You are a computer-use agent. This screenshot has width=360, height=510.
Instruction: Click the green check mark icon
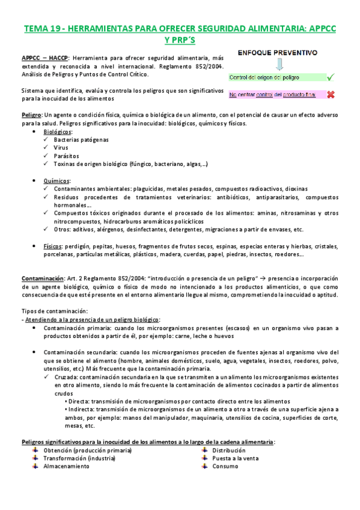pos(330,78)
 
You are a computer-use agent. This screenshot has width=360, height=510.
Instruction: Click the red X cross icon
pos(331,94)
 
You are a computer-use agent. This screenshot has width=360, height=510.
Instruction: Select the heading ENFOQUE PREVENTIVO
pos(277,53)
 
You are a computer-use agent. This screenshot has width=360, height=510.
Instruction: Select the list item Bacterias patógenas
pos(81,140)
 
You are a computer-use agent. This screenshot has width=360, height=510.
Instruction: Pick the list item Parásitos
pos(66,156)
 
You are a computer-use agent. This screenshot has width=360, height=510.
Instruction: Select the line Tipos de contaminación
pos(54,311)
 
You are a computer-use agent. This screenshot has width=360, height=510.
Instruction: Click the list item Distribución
pos(228,450)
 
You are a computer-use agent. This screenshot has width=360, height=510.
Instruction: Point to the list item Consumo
pos(225,466)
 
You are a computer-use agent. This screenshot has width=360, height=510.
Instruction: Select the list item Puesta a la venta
pos(236,458)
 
